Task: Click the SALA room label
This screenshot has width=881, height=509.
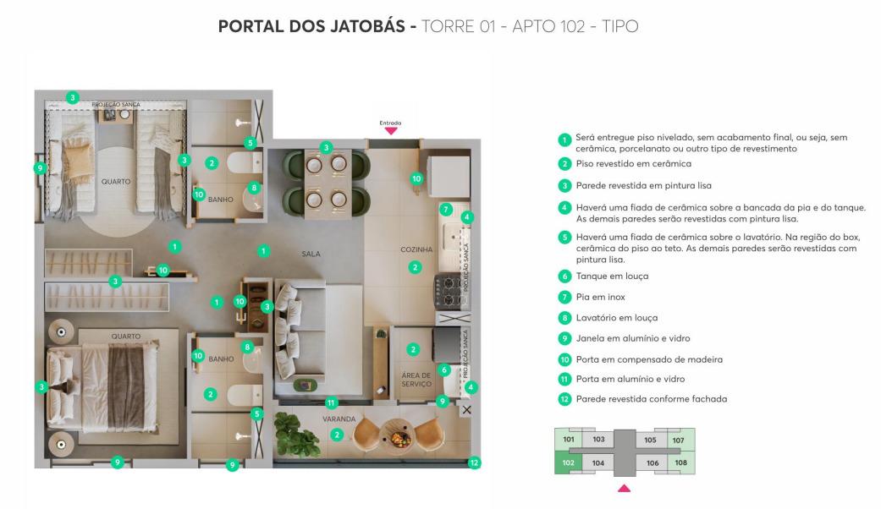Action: (311, 254)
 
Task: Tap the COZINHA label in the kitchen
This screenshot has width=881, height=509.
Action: (416, 249)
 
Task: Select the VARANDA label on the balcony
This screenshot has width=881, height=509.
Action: (339, 419)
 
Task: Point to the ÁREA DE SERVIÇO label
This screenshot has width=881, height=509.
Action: (416, 380)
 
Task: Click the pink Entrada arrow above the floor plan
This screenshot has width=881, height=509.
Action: (390, 131)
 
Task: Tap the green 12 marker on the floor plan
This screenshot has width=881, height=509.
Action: (474, 463)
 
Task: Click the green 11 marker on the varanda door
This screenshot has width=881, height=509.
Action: (331, 402)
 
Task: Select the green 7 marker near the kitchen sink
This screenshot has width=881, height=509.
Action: (445, 210)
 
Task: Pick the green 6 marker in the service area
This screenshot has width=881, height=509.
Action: (443, 369)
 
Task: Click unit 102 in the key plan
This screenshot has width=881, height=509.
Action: (568, 463)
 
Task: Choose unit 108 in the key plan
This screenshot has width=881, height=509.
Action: (681, 462)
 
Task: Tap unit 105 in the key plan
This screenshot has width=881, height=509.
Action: (650, 440)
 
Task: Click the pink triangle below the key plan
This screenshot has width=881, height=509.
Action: (625, 488)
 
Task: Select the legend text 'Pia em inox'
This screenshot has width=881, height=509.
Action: (600, 297)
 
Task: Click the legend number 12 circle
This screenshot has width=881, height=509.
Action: (564, 399)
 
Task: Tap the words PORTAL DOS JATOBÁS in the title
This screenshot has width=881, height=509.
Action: (311, 26)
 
